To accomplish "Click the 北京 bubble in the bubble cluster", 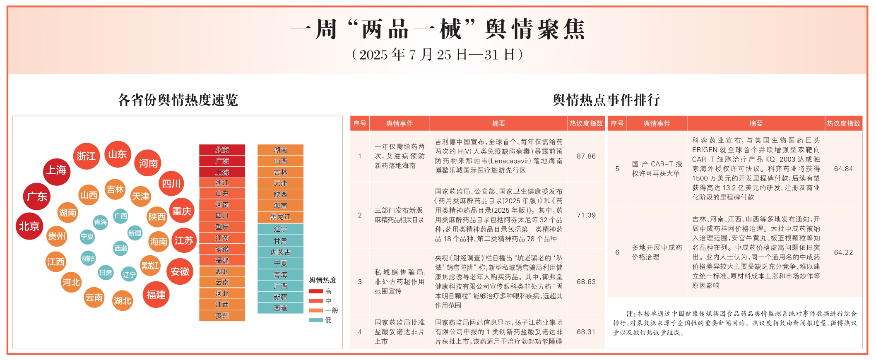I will [29, 226].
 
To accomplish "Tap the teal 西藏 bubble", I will [121, 248].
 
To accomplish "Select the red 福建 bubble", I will [156, 295].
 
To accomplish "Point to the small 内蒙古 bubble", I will [88, 259].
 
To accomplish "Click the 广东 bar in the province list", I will [222, 161].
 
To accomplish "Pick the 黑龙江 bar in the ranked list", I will [280, 217].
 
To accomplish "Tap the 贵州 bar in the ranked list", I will [222, 316].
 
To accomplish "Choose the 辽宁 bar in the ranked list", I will [280, 229].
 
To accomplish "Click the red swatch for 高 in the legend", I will [315, 291].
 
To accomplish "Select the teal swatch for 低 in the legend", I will [315, 320].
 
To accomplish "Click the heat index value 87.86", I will [586, 156].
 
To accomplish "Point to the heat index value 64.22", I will [843, 252].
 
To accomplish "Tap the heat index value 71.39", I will [586, 215].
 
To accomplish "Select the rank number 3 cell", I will [360, 282].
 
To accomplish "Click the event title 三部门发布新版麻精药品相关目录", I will [399, 215].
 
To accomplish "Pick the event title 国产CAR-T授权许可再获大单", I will [657, 169].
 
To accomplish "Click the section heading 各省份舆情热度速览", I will [178, 100].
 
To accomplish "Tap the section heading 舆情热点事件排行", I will [606, 100].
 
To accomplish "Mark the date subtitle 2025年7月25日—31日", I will [438, 55].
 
